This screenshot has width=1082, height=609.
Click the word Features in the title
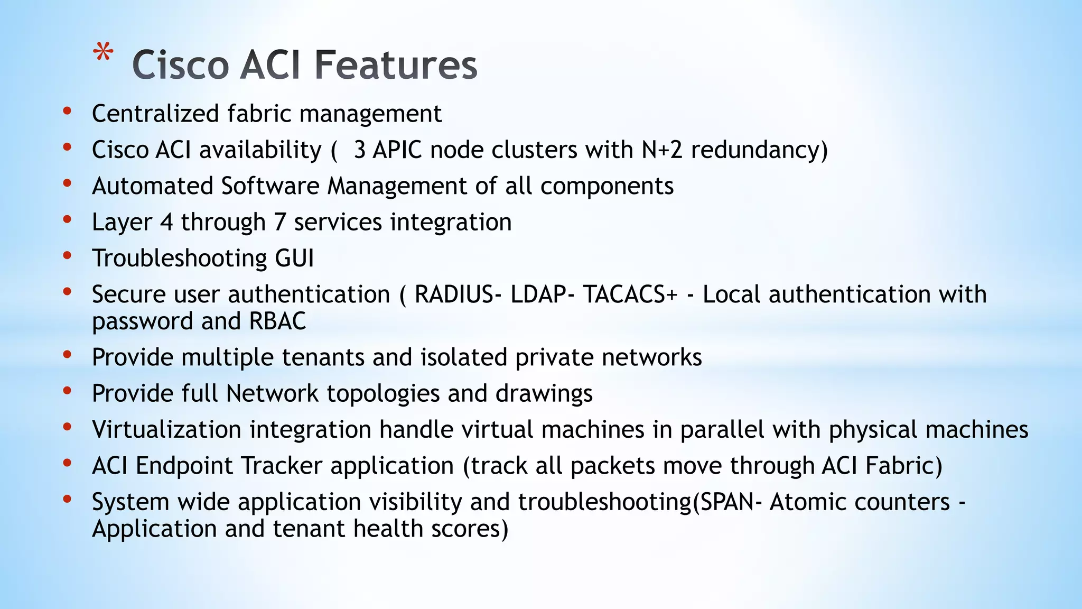(396, 65)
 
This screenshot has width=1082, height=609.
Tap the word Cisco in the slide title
(180, 65)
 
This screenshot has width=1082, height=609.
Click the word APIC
(397, 150)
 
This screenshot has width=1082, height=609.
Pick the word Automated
(152, 186)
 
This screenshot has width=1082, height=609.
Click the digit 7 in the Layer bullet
(279, 222)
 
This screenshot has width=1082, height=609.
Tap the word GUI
(294, 259)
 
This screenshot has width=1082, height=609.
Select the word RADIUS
(453, 294)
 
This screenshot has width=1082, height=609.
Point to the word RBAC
(277, 321)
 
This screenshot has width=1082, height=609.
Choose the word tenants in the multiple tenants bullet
(323, 357)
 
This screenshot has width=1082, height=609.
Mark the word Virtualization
(166, 429)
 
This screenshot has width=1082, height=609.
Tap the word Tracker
(282, 466)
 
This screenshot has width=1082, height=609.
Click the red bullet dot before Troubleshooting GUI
(67, 256)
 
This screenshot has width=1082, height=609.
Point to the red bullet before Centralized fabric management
(67, 111)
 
